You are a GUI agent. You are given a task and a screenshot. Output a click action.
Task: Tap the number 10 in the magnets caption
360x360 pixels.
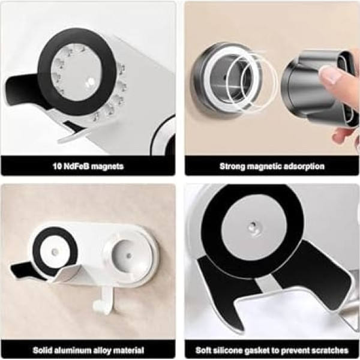point(57,166)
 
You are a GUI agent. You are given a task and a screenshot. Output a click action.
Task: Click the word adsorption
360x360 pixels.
point(304,166)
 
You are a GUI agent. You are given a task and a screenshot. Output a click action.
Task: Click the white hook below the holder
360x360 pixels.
point(104,298)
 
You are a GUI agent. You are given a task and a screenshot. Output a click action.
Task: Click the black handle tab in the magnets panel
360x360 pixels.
point(20,90)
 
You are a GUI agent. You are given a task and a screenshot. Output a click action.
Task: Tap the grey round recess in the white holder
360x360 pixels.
point(129,254)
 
